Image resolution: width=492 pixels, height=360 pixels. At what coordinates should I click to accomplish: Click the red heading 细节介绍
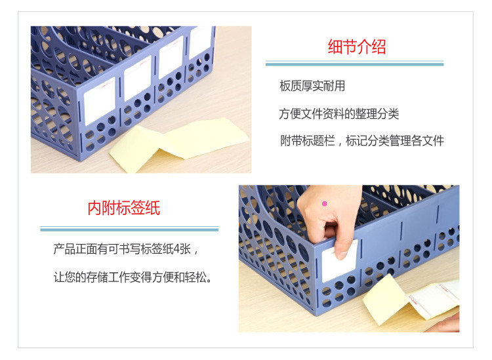point(357,47)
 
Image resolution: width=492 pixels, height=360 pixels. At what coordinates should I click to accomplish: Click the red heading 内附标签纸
point(124,208)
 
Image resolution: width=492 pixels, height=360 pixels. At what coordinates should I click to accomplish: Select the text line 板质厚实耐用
point(312,86)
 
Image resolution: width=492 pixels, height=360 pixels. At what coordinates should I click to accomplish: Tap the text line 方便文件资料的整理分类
point(339,113)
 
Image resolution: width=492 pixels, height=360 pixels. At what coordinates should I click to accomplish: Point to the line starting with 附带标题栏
point(362,140)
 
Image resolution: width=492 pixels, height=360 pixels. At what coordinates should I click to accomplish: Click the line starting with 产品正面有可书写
point(126,249)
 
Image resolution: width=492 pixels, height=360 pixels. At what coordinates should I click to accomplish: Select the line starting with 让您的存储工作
point(133,277)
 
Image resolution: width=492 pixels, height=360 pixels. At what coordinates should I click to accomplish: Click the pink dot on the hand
point(325,203)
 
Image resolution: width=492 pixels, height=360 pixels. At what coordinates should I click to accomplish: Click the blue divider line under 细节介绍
point(354,64)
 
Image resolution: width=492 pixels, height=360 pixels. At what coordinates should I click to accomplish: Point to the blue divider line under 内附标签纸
point(129,230)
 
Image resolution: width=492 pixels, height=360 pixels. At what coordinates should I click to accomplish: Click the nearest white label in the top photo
point(100,101)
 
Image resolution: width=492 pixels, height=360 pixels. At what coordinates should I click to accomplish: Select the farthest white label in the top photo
point(200,43)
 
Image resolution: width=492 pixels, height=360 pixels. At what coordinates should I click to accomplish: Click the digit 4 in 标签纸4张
point(177,250)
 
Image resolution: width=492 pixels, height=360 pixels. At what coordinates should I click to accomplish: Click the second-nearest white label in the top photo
point(138,78)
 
